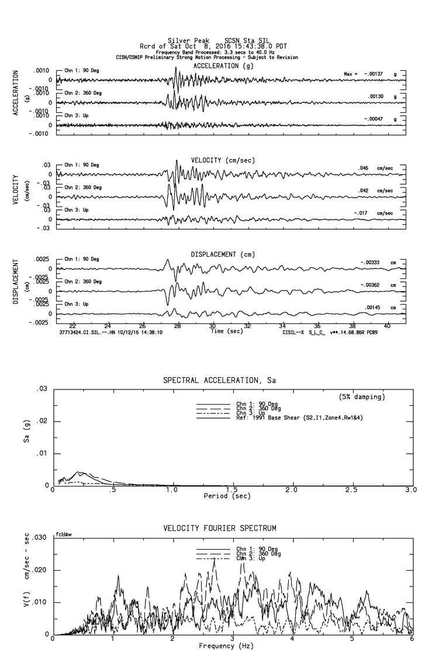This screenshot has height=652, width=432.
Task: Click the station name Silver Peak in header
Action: pos(185,40)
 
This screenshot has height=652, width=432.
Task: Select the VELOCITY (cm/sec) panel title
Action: pos(223,160)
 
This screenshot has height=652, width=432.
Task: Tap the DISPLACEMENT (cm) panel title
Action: pos(223,254)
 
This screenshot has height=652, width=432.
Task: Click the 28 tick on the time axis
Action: pos(178,326)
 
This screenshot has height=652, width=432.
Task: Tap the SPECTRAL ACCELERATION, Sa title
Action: pos(219,381)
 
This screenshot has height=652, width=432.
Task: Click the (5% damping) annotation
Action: pos(362,397)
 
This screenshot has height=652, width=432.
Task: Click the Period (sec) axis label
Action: pos(226,496)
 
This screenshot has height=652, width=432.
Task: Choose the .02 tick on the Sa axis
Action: pos(41,421)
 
